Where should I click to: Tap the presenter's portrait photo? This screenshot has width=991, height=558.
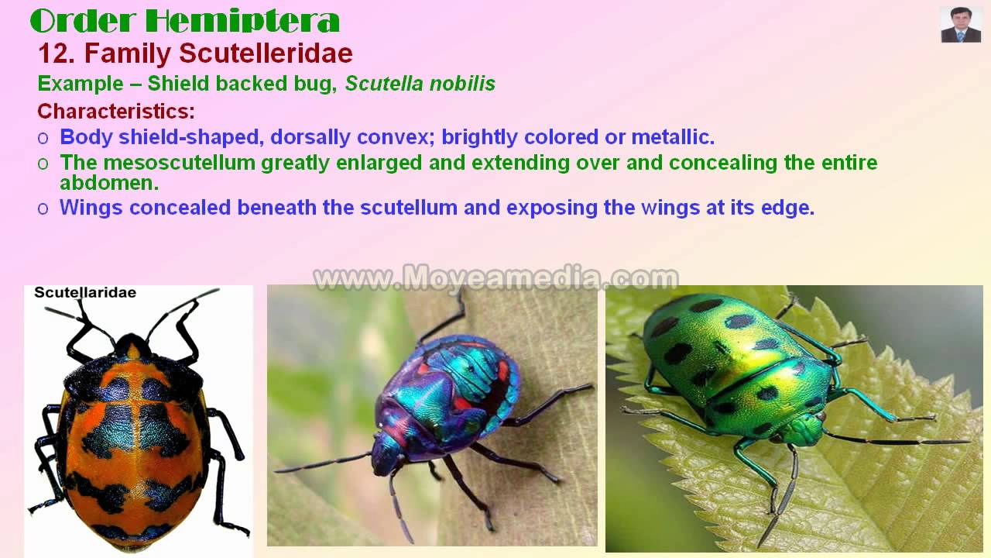961,25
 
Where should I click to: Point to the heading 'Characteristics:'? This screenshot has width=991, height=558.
116,111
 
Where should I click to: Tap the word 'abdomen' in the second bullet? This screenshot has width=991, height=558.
108,183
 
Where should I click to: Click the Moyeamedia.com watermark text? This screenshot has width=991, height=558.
495,277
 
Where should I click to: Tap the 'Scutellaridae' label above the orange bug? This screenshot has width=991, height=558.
85,292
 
